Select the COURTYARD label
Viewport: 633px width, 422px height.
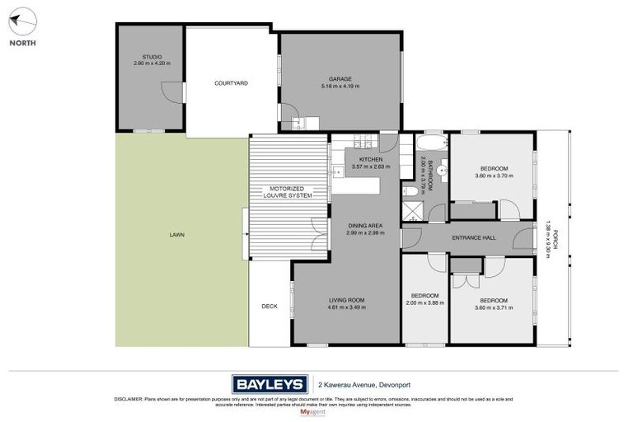[x=231, y=82]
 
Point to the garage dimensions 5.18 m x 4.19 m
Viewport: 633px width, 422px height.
[x=340, y=86]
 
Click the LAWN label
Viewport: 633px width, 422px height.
[x=176, y=235]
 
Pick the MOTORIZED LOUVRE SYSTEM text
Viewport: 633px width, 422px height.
[x=288, y=192]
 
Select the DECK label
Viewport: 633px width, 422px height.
[x=270, y=306]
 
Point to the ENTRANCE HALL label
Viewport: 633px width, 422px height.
[x=473, y=238]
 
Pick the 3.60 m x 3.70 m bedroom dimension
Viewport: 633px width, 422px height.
[x=494, y=175]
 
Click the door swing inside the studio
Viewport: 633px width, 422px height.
[x=171, y=91]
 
